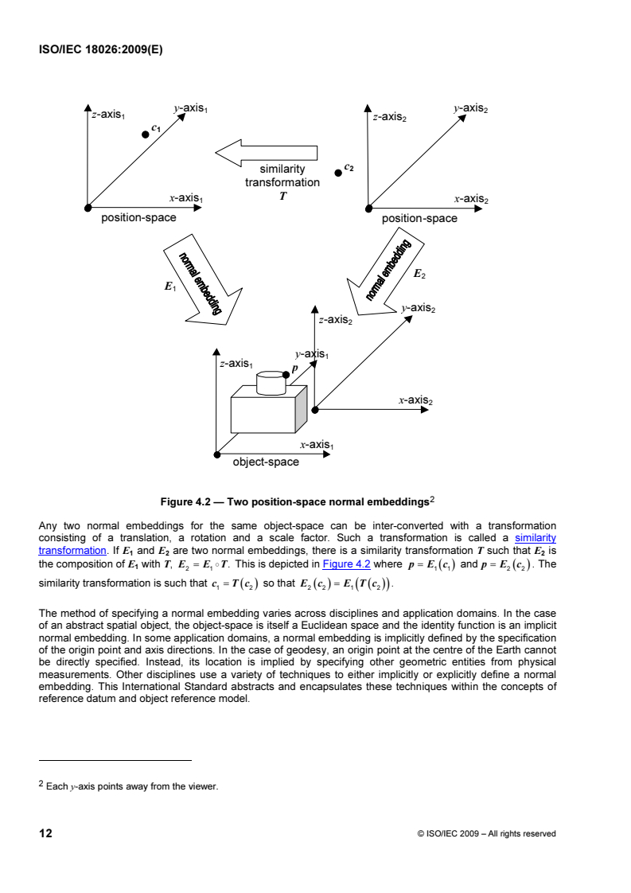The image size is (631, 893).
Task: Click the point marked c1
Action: pos(145,135)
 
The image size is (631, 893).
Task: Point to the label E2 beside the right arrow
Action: pos(419,274)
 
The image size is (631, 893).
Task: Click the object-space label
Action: pos(266,462)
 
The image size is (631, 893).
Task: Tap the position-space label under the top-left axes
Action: pos(138,217)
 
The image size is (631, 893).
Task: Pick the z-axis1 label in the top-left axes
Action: pos(110,114)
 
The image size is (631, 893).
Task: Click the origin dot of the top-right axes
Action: pos(368,209)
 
